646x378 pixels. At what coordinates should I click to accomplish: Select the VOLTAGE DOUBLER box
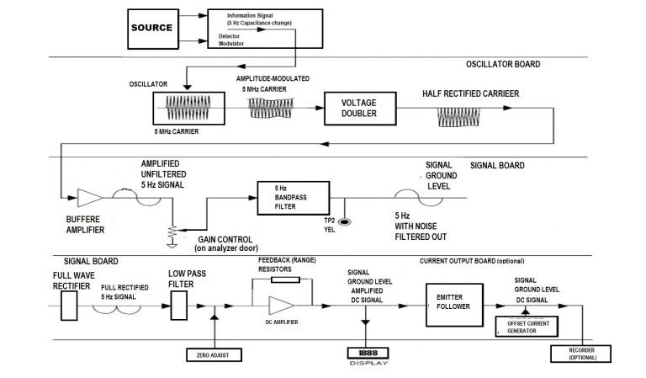pyautogui.click(x=359, y=108)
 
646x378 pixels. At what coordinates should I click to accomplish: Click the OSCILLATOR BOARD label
pyautogui.click(x=502, y=65)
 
